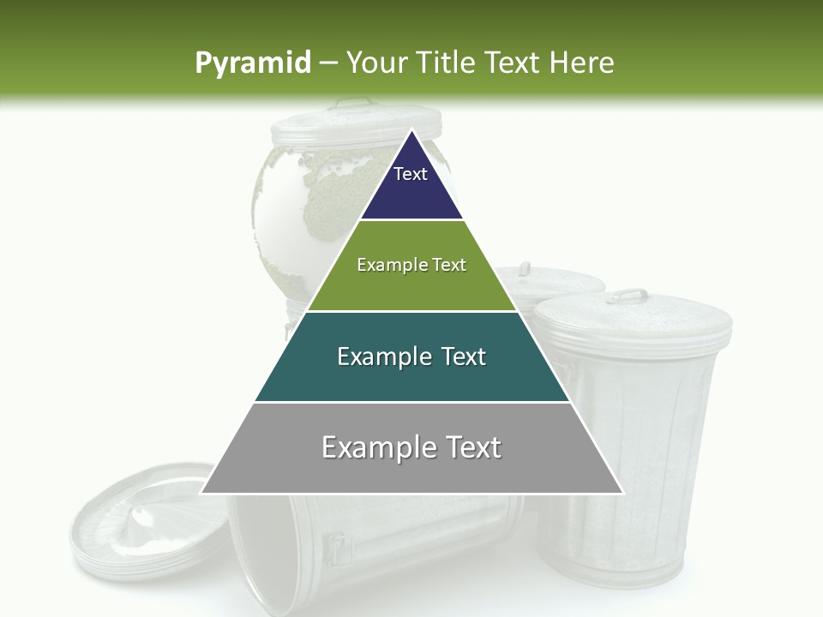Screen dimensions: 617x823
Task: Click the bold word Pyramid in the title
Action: click(x=252, y=63)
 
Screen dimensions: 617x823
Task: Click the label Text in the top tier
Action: click(x=410, y=174)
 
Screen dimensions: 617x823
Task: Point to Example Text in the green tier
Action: click(x=411, y=265)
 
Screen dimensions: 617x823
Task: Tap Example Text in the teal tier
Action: click(x=411, y=356)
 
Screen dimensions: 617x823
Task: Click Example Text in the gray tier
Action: click(x=411, y=447)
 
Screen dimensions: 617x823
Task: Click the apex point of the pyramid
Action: click(x=411, y=131)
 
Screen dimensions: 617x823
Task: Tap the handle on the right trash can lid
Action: click(x=631, y=295)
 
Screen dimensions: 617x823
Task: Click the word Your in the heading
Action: click(x=377, y=63)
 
